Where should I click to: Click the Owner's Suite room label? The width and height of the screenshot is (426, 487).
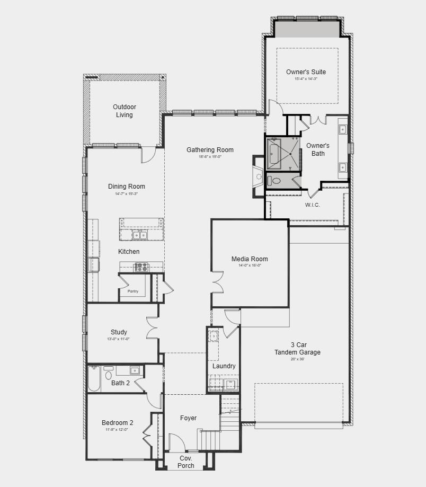306,72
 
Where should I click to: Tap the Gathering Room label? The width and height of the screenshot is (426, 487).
210,150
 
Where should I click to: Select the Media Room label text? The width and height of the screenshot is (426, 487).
250,259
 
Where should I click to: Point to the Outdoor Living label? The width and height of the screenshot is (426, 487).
125,111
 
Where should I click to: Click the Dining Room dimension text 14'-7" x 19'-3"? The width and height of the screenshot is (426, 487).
126,194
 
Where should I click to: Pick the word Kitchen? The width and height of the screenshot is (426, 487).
129,252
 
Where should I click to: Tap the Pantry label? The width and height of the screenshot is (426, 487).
132,291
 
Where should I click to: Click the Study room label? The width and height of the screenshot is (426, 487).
119,332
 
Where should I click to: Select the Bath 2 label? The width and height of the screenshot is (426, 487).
120,383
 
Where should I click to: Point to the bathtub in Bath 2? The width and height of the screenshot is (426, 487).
94,379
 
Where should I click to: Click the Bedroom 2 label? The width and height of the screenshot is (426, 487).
117,423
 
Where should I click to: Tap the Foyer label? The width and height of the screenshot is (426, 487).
188,418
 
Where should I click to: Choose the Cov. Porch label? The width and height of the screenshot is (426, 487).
186,462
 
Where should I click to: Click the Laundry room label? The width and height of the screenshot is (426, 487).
224,366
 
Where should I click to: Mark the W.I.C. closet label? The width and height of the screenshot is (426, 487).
312,205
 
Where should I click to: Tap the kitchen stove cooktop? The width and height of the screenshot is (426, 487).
141,267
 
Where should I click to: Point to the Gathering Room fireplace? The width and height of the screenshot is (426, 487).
258,176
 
